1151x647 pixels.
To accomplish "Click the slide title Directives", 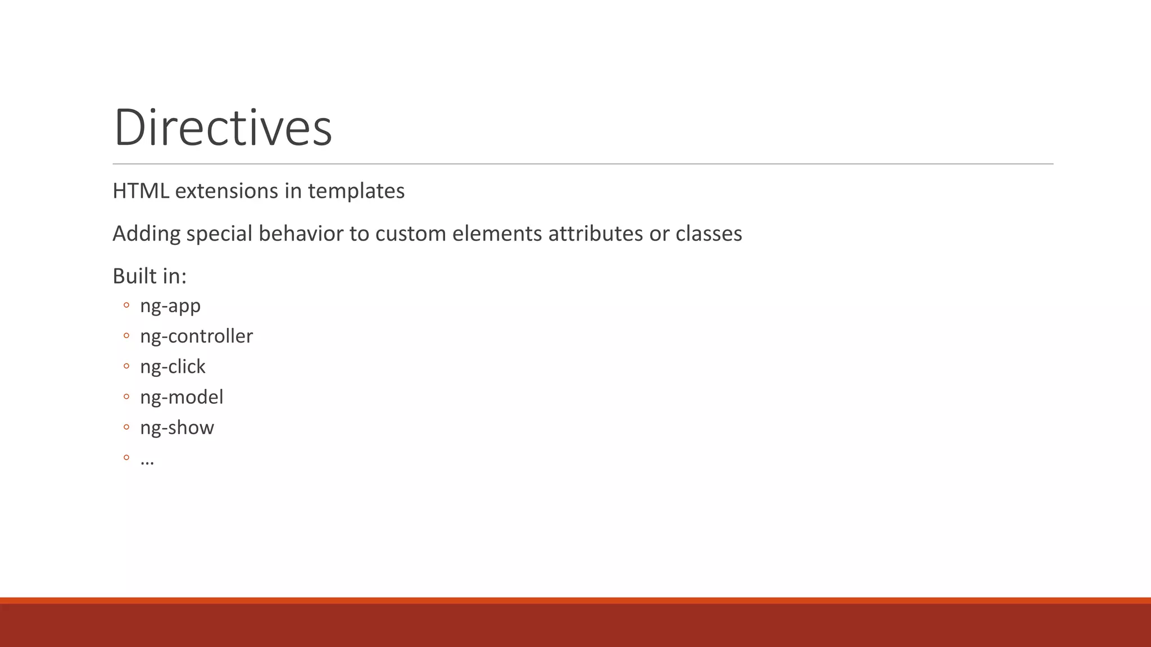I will [x=223, y=127].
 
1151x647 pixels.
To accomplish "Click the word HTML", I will [x=141, y=191].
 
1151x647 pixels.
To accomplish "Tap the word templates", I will [x=356, y=191].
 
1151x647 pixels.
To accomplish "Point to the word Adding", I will [x=146, y=234].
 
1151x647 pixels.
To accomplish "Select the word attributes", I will [x=595, y=234].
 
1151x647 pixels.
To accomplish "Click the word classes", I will [x=709, y=234].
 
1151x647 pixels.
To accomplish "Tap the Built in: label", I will [x=149, y=276].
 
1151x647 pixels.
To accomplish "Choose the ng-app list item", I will [x=170, y=306].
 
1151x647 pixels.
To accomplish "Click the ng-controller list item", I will [x=196, y=336].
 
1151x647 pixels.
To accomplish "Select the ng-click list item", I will [x=173, y=367].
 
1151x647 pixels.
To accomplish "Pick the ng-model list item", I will [x=182, y=397].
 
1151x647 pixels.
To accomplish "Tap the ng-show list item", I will [x=177, y=427].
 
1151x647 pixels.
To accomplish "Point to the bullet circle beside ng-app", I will [x=126, y=306].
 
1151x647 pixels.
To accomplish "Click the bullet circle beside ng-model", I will [x=126, y=397].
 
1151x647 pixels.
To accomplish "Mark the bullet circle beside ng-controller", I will [x=126, y=336].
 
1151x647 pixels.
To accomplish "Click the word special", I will [x=219, y=234].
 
